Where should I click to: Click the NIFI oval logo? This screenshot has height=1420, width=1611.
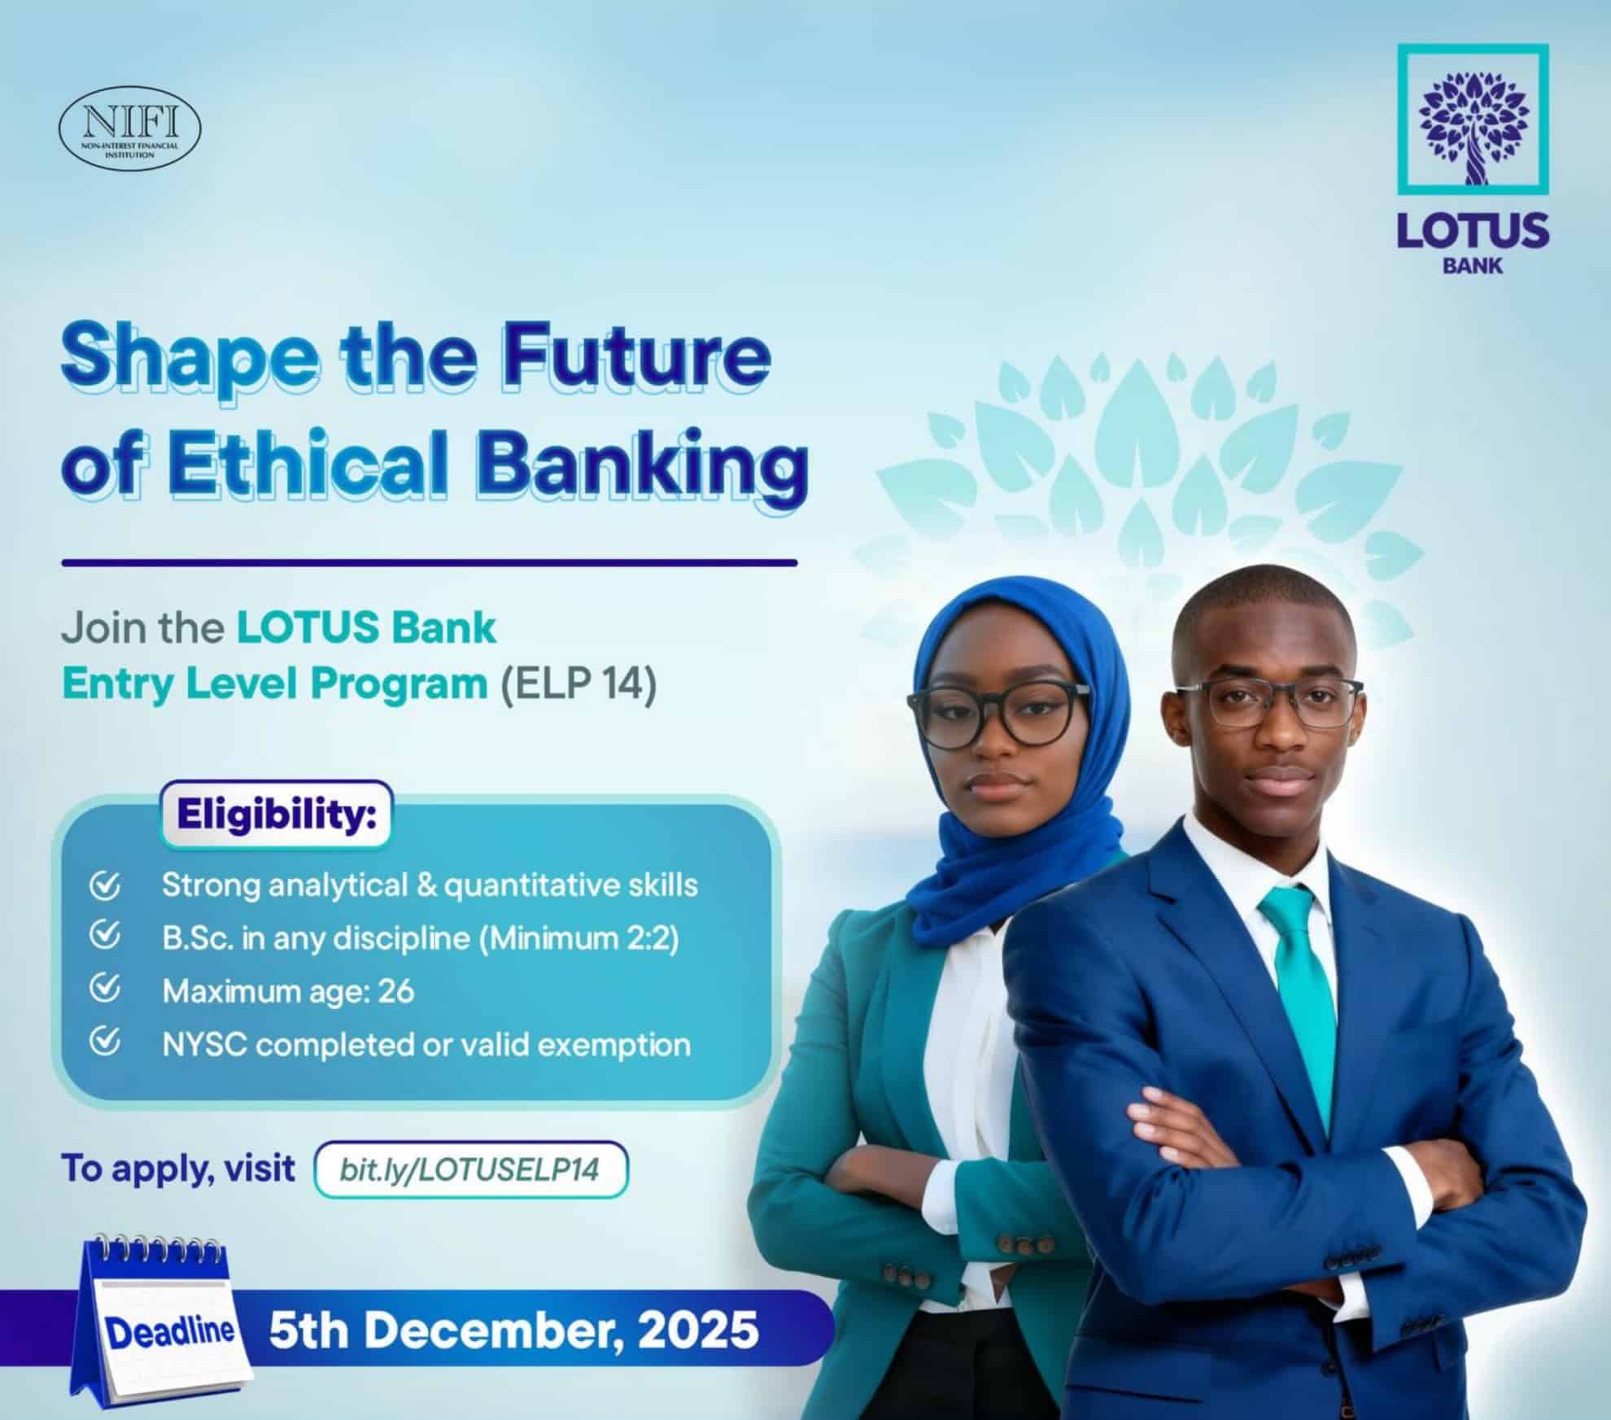point(130,129)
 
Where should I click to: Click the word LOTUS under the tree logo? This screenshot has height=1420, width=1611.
point(1473,230)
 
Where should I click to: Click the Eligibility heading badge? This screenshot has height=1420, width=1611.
point(277,815)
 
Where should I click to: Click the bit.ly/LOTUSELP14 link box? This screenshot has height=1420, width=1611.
point(471,1169)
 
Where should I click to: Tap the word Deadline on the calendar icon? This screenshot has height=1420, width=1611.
point(170,1331)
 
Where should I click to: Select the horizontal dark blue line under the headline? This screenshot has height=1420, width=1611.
point(430,562)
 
